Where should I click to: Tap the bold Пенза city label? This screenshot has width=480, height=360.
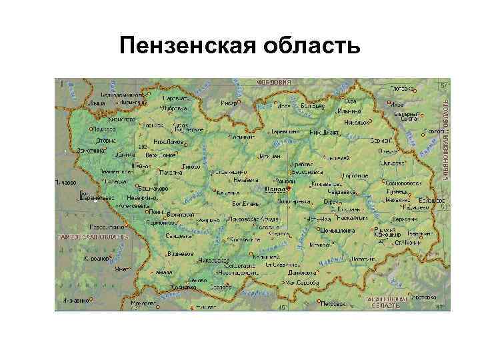pyautogui.click(x=275, y=189)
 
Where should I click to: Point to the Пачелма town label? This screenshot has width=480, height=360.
pyautogui.click(x=171, y=172)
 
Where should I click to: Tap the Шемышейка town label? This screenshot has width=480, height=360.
pyautogui.click(x=336, y=229)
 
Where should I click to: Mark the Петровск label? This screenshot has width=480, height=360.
pyautogui.click(x=333, y=303)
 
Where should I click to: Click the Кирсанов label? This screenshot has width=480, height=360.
pyautogui.click(x=95, y=257)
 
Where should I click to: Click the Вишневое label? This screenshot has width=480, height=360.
pyautogui.click(x=179, y=254)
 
